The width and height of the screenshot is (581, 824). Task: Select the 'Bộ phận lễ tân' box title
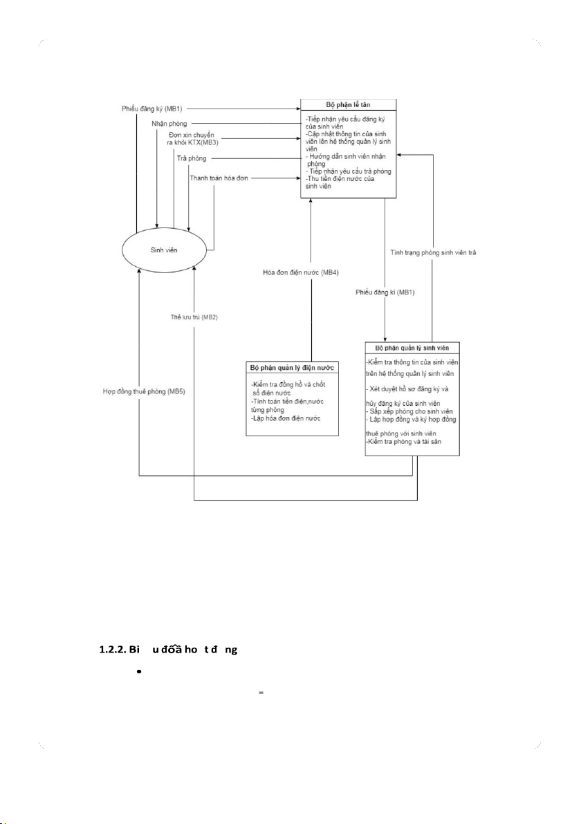click(x=347, y=105)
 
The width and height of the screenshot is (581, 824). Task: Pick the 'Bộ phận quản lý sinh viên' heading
click(x=413, y=347)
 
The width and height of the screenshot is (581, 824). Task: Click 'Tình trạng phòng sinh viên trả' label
click(x=432, y=252)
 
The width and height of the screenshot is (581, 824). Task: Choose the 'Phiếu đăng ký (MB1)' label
click(x=150, y=109)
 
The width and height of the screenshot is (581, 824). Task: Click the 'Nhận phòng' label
click(x=169, y=124)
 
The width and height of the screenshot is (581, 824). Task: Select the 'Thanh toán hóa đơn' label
click(x=218, y=178)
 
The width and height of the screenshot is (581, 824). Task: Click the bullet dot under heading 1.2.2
click(x=140, y=671)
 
